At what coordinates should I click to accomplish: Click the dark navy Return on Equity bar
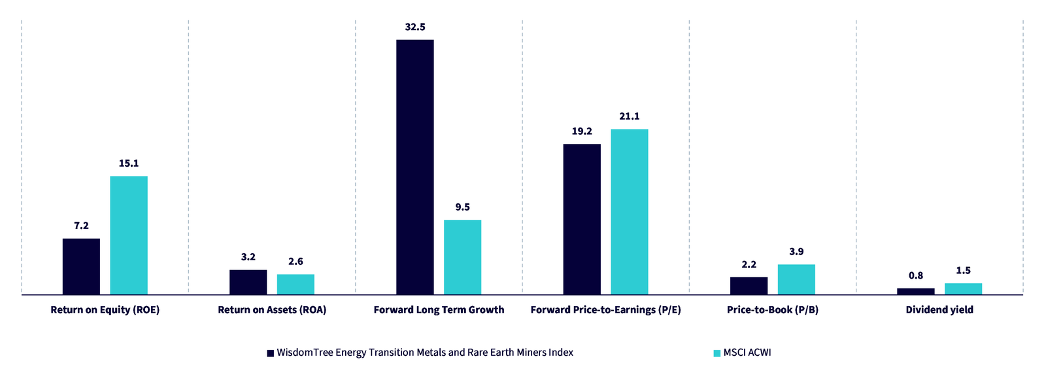click(81, 266)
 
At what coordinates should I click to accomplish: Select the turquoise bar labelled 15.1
click(129, 235)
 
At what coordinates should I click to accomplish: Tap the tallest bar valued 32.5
click(415, 167)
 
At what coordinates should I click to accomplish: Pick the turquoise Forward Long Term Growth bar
click(462, 257)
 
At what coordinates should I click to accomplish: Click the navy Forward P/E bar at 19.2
click(582, 219)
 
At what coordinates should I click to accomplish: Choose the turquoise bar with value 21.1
click(630, 212)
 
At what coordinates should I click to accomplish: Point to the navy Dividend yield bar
click(916, 291)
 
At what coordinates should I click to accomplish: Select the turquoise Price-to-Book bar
click(796, 279)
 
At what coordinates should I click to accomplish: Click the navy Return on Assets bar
click(248, 282)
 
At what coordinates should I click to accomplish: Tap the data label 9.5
click(462, 207)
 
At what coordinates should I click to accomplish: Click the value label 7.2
click(81, 226)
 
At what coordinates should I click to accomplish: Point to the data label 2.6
click(295, 262)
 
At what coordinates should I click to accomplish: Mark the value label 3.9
click(796, 252)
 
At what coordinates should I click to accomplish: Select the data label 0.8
click(916, 276)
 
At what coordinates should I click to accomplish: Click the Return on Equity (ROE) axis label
click(105, 310)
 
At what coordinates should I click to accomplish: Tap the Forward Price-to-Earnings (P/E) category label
click(605, 310)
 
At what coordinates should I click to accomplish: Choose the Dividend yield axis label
click(939, 310)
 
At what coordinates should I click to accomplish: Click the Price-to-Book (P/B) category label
click(773, 310)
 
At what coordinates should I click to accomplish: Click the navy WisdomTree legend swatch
click(270, 353)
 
